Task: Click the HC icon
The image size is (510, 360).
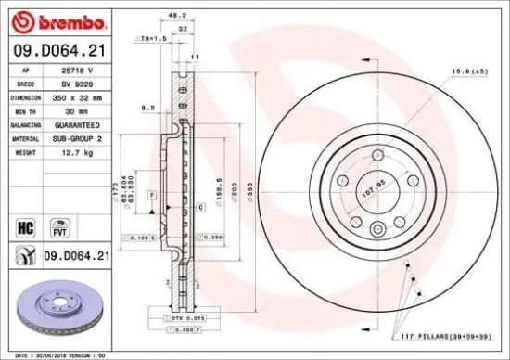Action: [24, 225]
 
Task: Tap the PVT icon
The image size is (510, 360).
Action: [59, 225]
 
